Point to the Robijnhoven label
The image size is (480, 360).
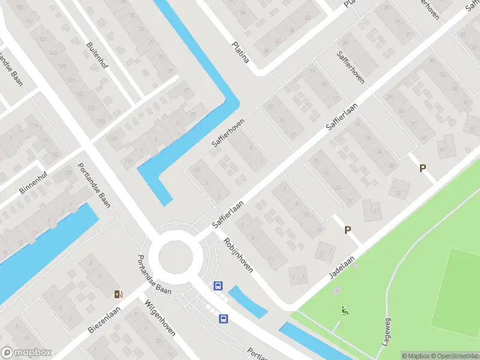pyautogui.click(x=238, y=254)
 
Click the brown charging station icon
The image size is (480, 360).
pyautogui.click(x=119, y=294)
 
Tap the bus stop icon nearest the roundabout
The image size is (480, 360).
pyautogui.click(x=218, y=286)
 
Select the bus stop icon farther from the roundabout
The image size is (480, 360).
pyautogui.click(x=224, y=318)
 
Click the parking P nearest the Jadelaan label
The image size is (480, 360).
pyautogui.click(x=347, y=229)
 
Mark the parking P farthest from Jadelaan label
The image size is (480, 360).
pyautogui.click(x=422, y=169)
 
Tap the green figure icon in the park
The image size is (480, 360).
pyautogui.click(x=344, y=311)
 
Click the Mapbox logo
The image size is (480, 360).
pyautogui.click(x=26, y=353)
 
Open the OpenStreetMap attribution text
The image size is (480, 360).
pyautogui.click(x=454, y=356)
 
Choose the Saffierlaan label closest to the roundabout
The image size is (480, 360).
pyautogui.click(x=228, y=214)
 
